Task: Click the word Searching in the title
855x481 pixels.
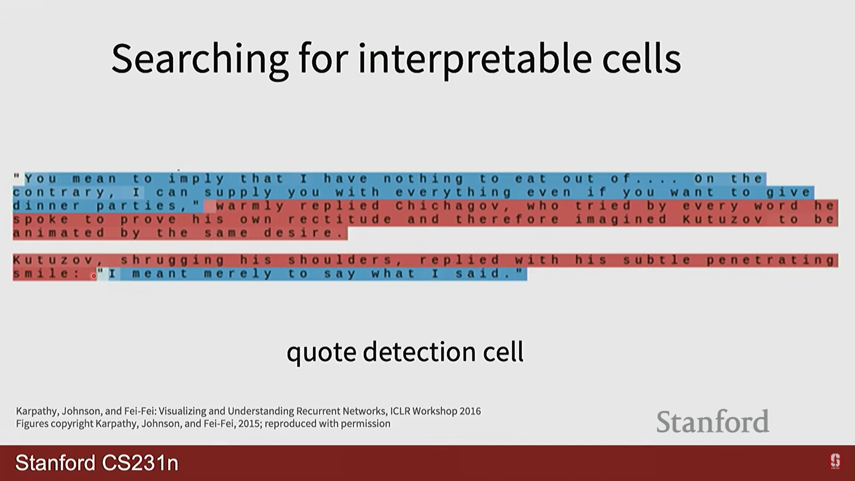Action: (x=200, y=59)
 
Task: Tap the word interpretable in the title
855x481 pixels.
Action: (x=475, y=59)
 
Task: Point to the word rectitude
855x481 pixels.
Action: (x=340, y=219)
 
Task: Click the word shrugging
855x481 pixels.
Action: (x=172, y=260)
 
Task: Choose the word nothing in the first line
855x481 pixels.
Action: (x=423, y=179)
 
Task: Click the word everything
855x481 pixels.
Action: (x=453, y=192)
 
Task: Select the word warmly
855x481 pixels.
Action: (x=250, y=206)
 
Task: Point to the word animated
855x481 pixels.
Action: (x=58, y=233)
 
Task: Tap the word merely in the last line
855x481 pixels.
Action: (x=238, y=274)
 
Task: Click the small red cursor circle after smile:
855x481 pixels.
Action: (x=94, y=276)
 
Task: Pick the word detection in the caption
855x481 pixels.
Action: (x=419, y=352)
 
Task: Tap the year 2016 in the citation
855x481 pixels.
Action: (x=470, y=411)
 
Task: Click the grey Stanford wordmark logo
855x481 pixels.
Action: (x=712, y=421)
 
